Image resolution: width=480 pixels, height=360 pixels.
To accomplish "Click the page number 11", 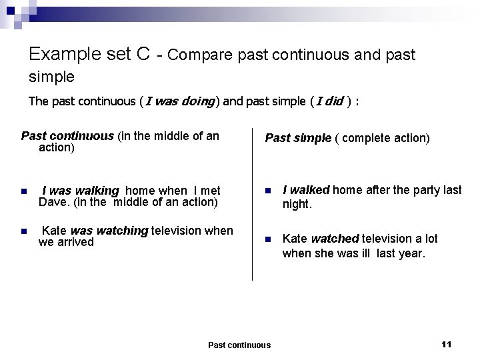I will coord(447,344).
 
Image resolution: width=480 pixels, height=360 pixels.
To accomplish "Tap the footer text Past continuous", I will coord(239,345).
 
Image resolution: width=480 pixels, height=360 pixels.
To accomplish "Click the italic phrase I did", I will coord(329,102).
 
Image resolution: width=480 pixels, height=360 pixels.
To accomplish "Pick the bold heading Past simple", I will coord(298,138).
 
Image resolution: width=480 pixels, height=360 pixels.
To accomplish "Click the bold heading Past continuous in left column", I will coord(67,136).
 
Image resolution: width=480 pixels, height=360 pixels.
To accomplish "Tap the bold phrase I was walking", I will coord(80,191).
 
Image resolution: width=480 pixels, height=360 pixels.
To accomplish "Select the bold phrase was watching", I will coord(109,231).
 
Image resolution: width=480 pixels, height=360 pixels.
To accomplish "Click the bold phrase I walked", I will coord(306,190).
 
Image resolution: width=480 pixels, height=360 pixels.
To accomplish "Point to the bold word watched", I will coord(335,239).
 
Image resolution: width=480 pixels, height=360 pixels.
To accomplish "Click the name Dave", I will coord(52,202).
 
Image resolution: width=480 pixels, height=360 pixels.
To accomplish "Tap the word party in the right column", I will coord(415,190).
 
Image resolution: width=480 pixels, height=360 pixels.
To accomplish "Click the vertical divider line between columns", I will coord(253,200).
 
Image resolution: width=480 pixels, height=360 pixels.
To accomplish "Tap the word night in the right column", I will coord(297,205).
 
